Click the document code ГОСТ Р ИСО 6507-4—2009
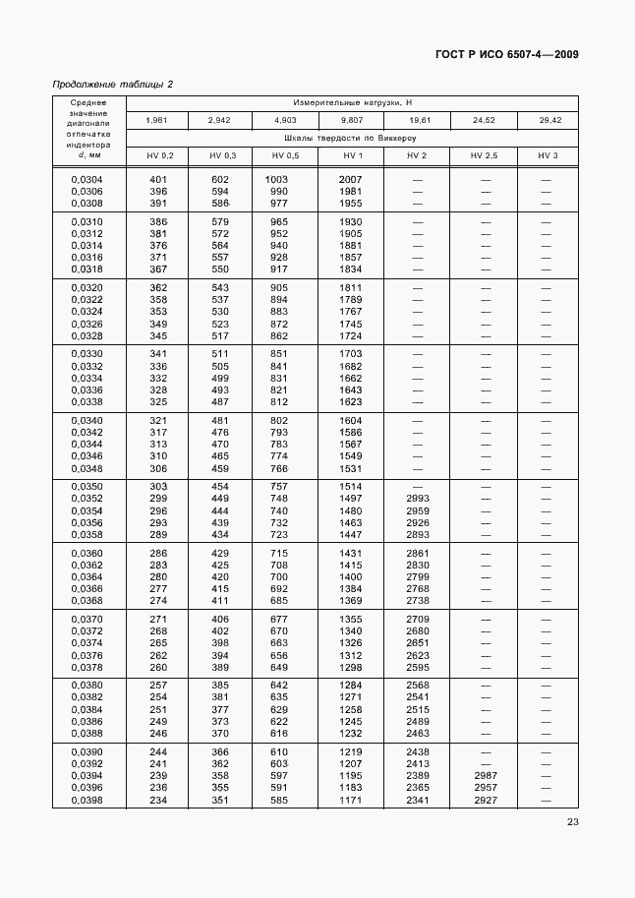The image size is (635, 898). (x=506, y=54)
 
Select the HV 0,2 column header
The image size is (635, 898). (x=159, y=156)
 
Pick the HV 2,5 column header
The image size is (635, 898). (x=484, y=156)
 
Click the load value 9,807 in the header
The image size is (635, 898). (x=352, y=120)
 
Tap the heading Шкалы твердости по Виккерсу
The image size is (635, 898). (x=351, y=139)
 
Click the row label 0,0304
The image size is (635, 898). (x=87, y=179)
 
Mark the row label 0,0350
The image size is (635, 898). (x=87, y=487)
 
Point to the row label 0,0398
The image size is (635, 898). (x=87, y=800)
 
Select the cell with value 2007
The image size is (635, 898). (x=351, y=179)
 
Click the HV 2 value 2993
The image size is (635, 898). (x=418, y=499)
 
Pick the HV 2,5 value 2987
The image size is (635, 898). (x=484, y=776)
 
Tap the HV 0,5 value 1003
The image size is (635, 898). (x=279, y=179)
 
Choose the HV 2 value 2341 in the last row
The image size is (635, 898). (x=418, y=800)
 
